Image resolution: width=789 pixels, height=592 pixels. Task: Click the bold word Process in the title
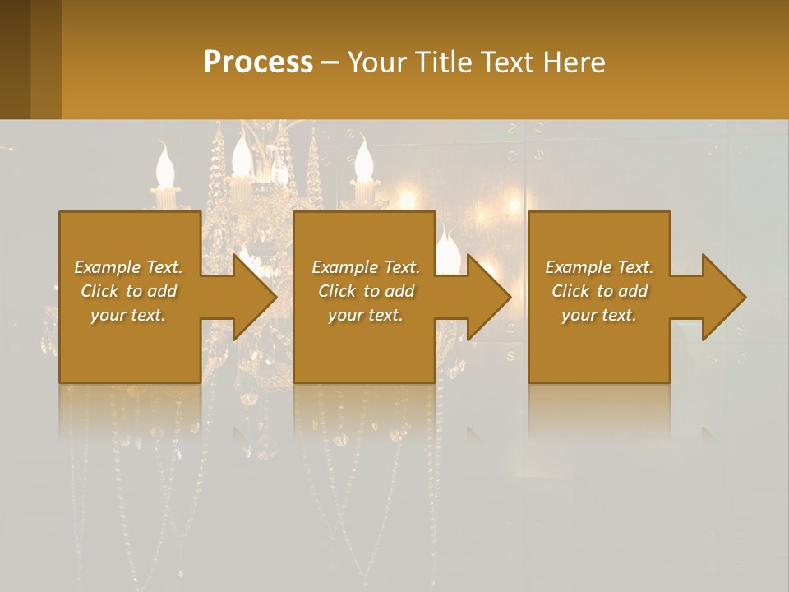click(x=258, y=62)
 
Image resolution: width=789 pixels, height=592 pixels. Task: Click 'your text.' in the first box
click(x=128, y=315)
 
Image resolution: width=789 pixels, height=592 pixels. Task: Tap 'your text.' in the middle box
click(x=366, y=315)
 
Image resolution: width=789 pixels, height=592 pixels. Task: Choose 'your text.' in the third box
click(x=599, y=315)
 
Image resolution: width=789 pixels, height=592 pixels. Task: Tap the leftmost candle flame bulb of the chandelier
click(x=165, y=165)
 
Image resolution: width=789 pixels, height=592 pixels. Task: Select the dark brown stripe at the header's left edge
click(x=15, y=59)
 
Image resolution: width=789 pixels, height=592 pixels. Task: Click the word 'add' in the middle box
click(x=399, y=291)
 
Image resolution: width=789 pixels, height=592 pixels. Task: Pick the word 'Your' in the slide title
click(x=375, y=62)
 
